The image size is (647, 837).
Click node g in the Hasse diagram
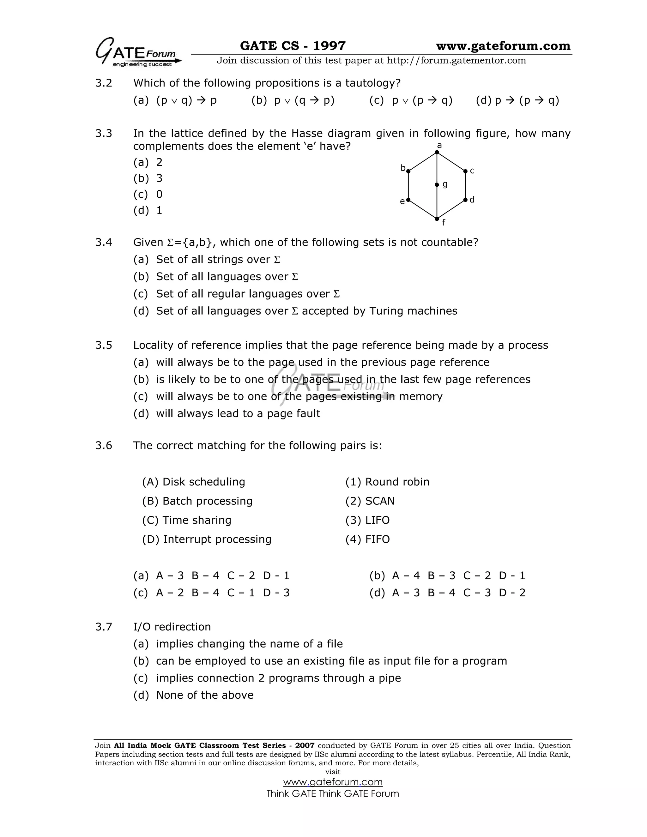(x=437, y=185)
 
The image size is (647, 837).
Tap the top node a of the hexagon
(x=437, y=152)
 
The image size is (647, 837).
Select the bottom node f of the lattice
(x=437, y=219)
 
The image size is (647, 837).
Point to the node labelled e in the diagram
(x=408, y=200)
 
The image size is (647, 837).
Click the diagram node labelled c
(x=465, y=171)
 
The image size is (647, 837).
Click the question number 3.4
(x=104, y=242)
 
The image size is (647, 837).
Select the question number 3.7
(x=104, y=627)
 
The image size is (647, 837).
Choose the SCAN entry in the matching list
(x=379, y=501)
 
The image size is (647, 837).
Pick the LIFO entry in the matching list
(x=377, y=520)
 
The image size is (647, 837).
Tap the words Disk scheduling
(x=203, y=482)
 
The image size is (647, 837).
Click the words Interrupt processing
(x=217, y=539)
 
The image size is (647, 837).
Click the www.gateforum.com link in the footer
(x=333, y=782)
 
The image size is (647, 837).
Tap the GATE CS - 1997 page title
(x=293, y=46)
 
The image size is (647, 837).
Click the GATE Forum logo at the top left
(x=138, y=53)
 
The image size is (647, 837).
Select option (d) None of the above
(x=204, y=695)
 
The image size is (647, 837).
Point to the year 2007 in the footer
(x=305, y=745)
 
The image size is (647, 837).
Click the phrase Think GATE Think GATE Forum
(x=333, y=793)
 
